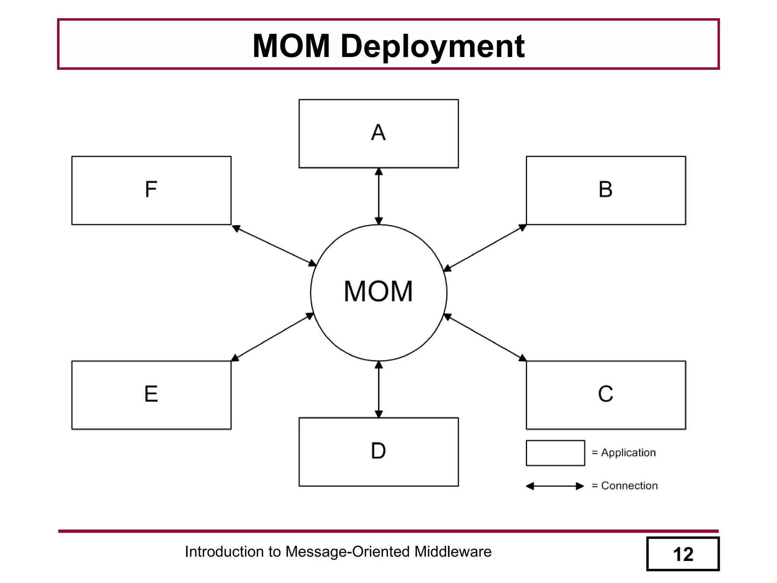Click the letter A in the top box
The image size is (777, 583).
pos(378,132)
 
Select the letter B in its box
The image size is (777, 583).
pos(606,189)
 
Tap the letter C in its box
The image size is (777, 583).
pos(606,394)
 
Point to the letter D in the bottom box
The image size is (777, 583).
pos(378,451)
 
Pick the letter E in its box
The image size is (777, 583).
pos(151,394)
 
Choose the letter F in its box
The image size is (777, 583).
pos(151,189)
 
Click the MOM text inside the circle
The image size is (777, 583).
pos(378,291)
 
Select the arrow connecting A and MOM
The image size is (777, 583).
pos(379,196)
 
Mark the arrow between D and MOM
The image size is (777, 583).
pos(379,389)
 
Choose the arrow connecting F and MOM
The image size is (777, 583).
pos(274,245)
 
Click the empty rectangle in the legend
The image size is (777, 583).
pos(555,453)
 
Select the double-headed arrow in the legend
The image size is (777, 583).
pos(555,486)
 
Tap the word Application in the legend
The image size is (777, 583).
pos(628,453)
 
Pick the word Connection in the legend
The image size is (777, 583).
pos(629,486)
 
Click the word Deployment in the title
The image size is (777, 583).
pos(433,46)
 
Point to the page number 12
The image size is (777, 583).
pos(683,554)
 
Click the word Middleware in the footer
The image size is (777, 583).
pos(453,552)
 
